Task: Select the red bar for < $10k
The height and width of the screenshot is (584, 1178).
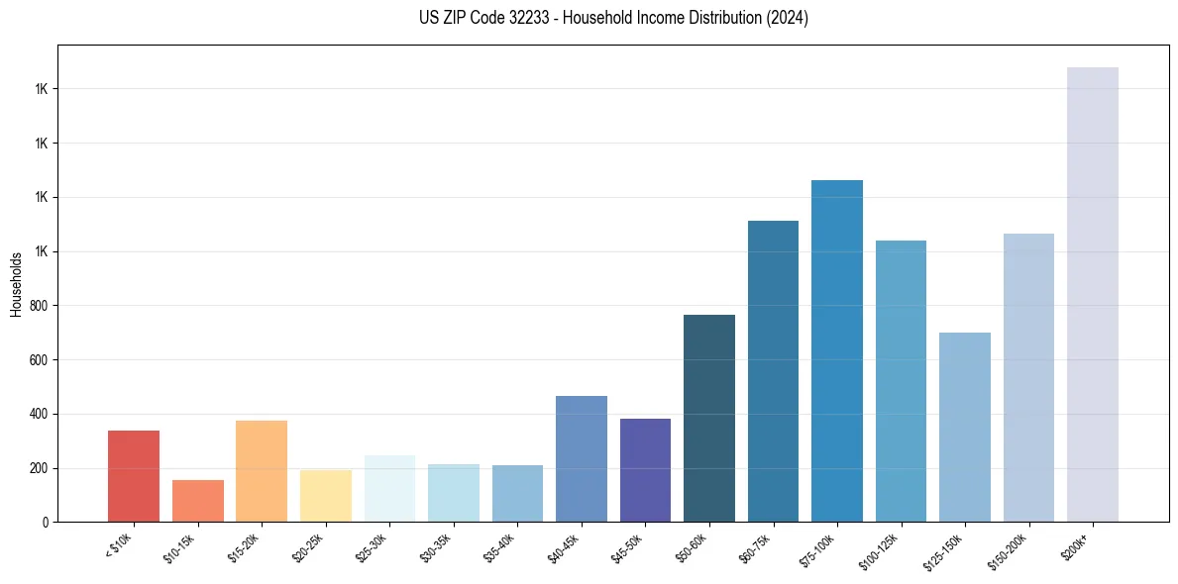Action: [x=134, y=476]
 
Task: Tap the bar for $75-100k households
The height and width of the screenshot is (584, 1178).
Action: [x=837, y=350]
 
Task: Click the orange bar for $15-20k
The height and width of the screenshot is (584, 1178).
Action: [x=262, y=471]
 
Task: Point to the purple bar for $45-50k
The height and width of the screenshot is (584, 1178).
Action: [x=645, y=470]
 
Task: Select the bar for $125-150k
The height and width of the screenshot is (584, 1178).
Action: [x=965, y=427]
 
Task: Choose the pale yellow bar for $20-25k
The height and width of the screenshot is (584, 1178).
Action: [x=325, y=496]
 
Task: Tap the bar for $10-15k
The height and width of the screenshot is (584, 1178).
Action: [x=197, y=501]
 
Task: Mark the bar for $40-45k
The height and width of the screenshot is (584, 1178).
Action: [x=582, y=458]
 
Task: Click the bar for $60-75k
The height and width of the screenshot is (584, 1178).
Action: [x=773, y=371]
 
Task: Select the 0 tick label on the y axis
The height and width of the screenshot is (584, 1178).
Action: [x=47, y=522]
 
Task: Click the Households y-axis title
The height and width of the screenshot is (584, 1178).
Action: [x=16, y=284]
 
